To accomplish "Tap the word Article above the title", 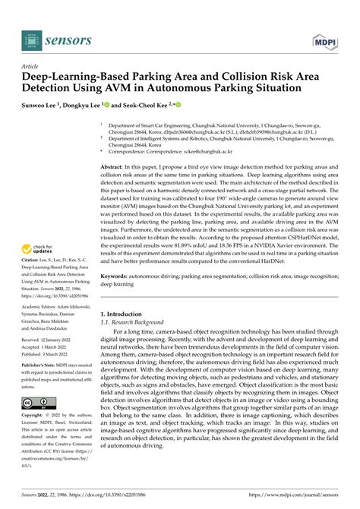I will click(x=31, y=67).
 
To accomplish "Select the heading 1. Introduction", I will click(x=126, y=314).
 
